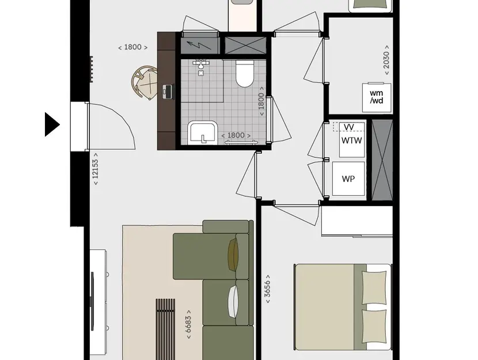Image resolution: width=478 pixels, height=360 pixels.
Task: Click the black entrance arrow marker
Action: click(52, 124)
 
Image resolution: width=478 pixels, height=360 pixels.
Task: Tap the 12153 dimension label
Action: click(96, 169)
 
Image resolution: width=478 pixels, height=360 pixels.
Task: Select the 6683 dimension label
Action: click(188, 324)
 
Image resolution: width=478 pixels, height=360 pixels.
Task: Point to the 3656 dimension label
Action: click(267, 289)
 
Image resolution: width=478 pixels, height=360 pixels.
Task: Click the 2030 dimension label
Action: click(386, 60)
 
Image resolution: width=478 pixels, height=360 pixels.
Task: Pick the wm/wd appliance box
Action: click(377, 97)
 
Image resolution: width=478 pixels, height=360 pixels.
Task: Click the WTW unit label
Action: click(351, 141)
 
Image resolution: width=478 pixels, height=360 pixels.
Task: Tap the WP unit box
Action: click(348, 179)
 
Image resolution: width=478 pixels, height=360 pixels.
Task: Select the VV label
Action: click(348, 127)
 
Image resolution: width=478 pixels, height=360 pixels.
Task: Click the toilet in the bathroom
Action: click(245, 74)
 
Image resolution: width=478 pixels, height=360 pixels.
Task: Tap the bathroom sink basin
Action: click(202, 133)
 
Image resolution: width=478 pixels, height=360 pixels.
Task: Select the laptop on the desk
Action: click(168, 91)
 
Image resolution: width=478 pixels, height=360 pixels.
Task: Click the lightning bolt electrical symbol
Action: click(199, 46)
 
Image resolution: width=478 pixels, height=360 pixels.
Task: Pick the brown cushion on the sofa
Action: click(233, 254)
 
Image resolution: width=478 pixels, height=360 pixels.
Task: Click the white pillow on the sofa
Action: click(234, 302)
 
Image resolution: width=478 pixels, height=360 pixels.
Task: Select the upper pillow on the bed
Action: click(374, 287)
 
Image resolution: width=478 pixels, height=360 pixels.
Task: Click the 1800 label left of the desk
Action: click(133, 47)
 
